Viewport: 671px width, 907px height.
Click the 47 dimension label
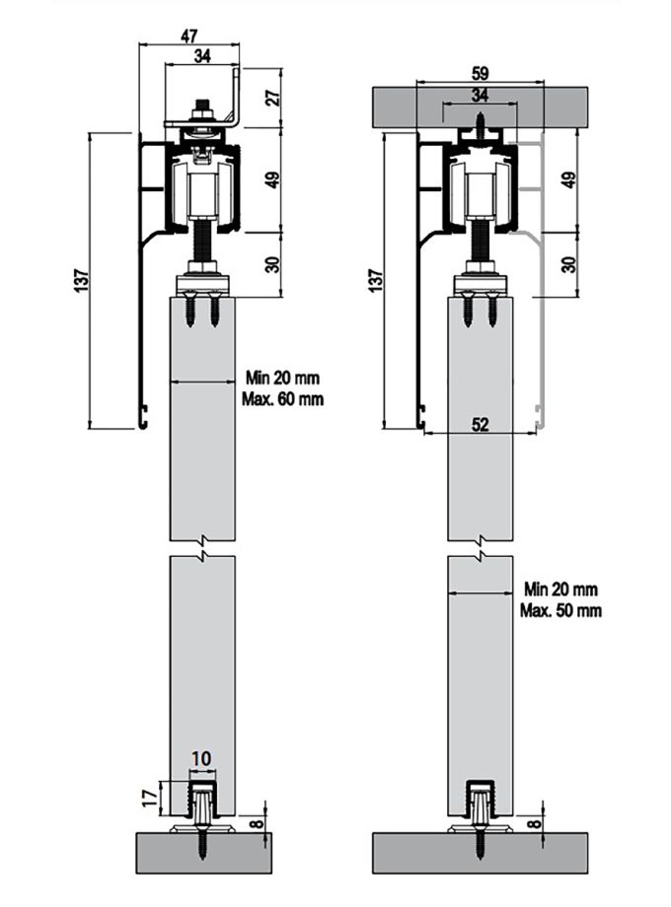pos(189,35)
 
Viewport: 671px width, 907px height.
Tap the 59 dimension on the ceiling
pos(480,74)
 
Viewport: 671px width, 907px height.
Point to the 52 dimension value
pos(480,424)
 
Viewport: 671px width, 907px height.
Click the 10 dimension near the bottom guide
pos(201,758)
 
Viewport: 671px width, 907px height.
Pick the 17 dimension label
pos(151,799)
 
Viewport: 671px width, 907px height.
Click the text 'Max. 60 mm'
pos(283,399)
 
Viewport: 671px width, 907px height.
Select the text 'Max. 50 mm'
pos(560,610)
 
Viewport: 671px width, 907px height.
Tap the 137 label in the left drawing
pos(82,280)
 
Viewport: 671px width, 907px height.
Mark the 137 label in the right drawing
pos(376,280)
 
